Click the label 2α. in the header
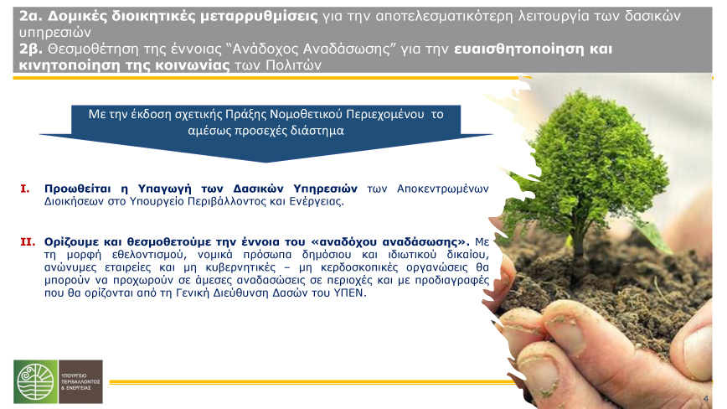(x=31, y=16)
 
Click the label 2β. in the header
(x=31, y=49)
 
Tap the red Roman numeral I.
(x=25, y=189)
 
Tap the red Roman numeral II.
(x=28, y=241)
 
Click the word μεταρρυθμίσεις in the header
(x=259, y=17)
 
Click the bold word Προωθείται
(x=77, y=189)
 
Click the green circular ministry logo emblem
(x=36, y=381)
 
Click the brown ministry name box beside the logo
(x=80, y=381)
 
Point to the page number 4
(x=706, y=398)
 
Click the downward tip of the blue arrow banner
(x=266, y=163)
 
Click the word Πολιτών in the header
(x=293, y=65)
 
